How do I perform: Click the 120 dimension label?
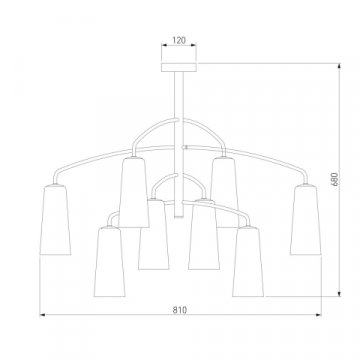tap(179, 40)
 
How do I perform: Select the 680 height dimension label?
tap(335, 179)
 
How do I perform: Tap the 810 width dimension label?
tap(180, 310)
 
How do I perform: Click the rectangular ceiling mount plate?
tap(179, 67)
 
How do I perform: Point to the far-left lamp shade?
tap(55, 220)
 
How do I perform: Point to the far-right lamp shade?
tap(306, 220)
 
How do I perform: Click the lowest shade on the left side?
tap(110, 261)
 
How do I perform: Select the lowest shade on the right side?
tap(248, 261)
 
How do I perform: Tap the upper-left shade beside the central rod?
tap(134, 192)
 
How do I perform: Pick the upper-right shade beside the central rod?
tap(224, 192)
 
